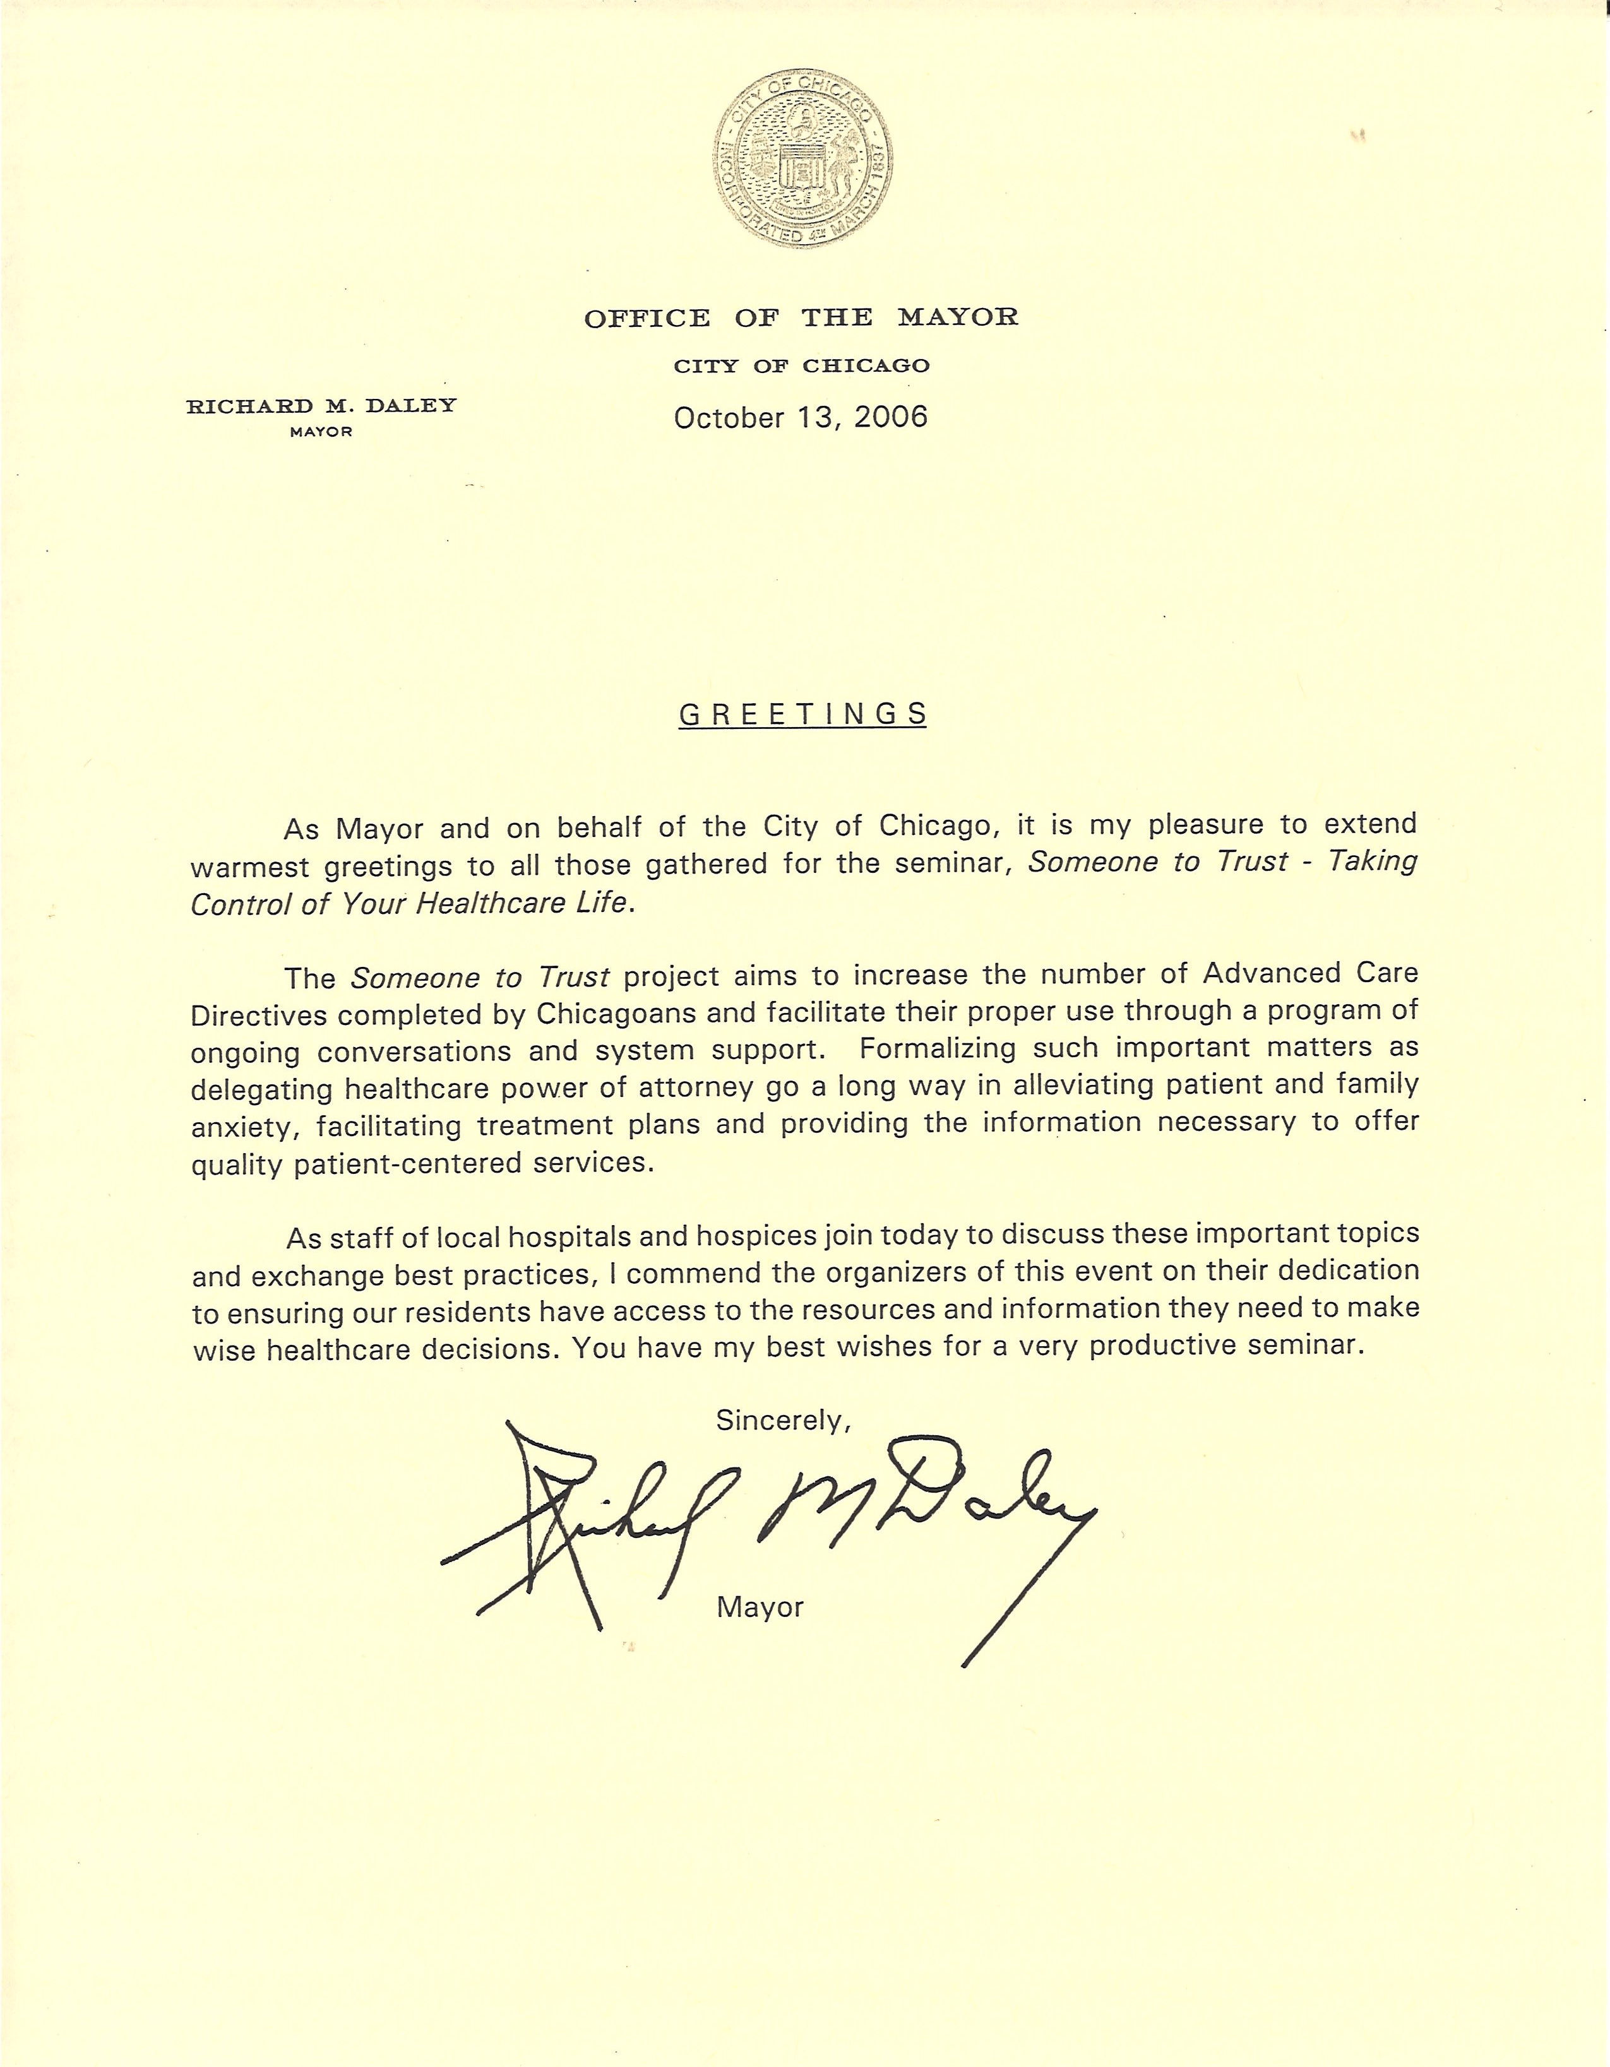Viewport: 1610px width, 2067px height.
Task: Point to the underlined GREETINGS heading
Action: [802, 714]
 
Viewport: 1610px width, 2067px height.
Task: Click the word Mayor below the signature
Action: [760, 1607]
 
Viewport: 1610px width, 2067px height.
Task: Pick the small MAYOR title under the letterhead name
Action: [321, 432]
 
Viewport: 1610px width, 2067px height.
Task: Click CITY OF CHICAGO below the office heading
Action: [801, 366]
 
